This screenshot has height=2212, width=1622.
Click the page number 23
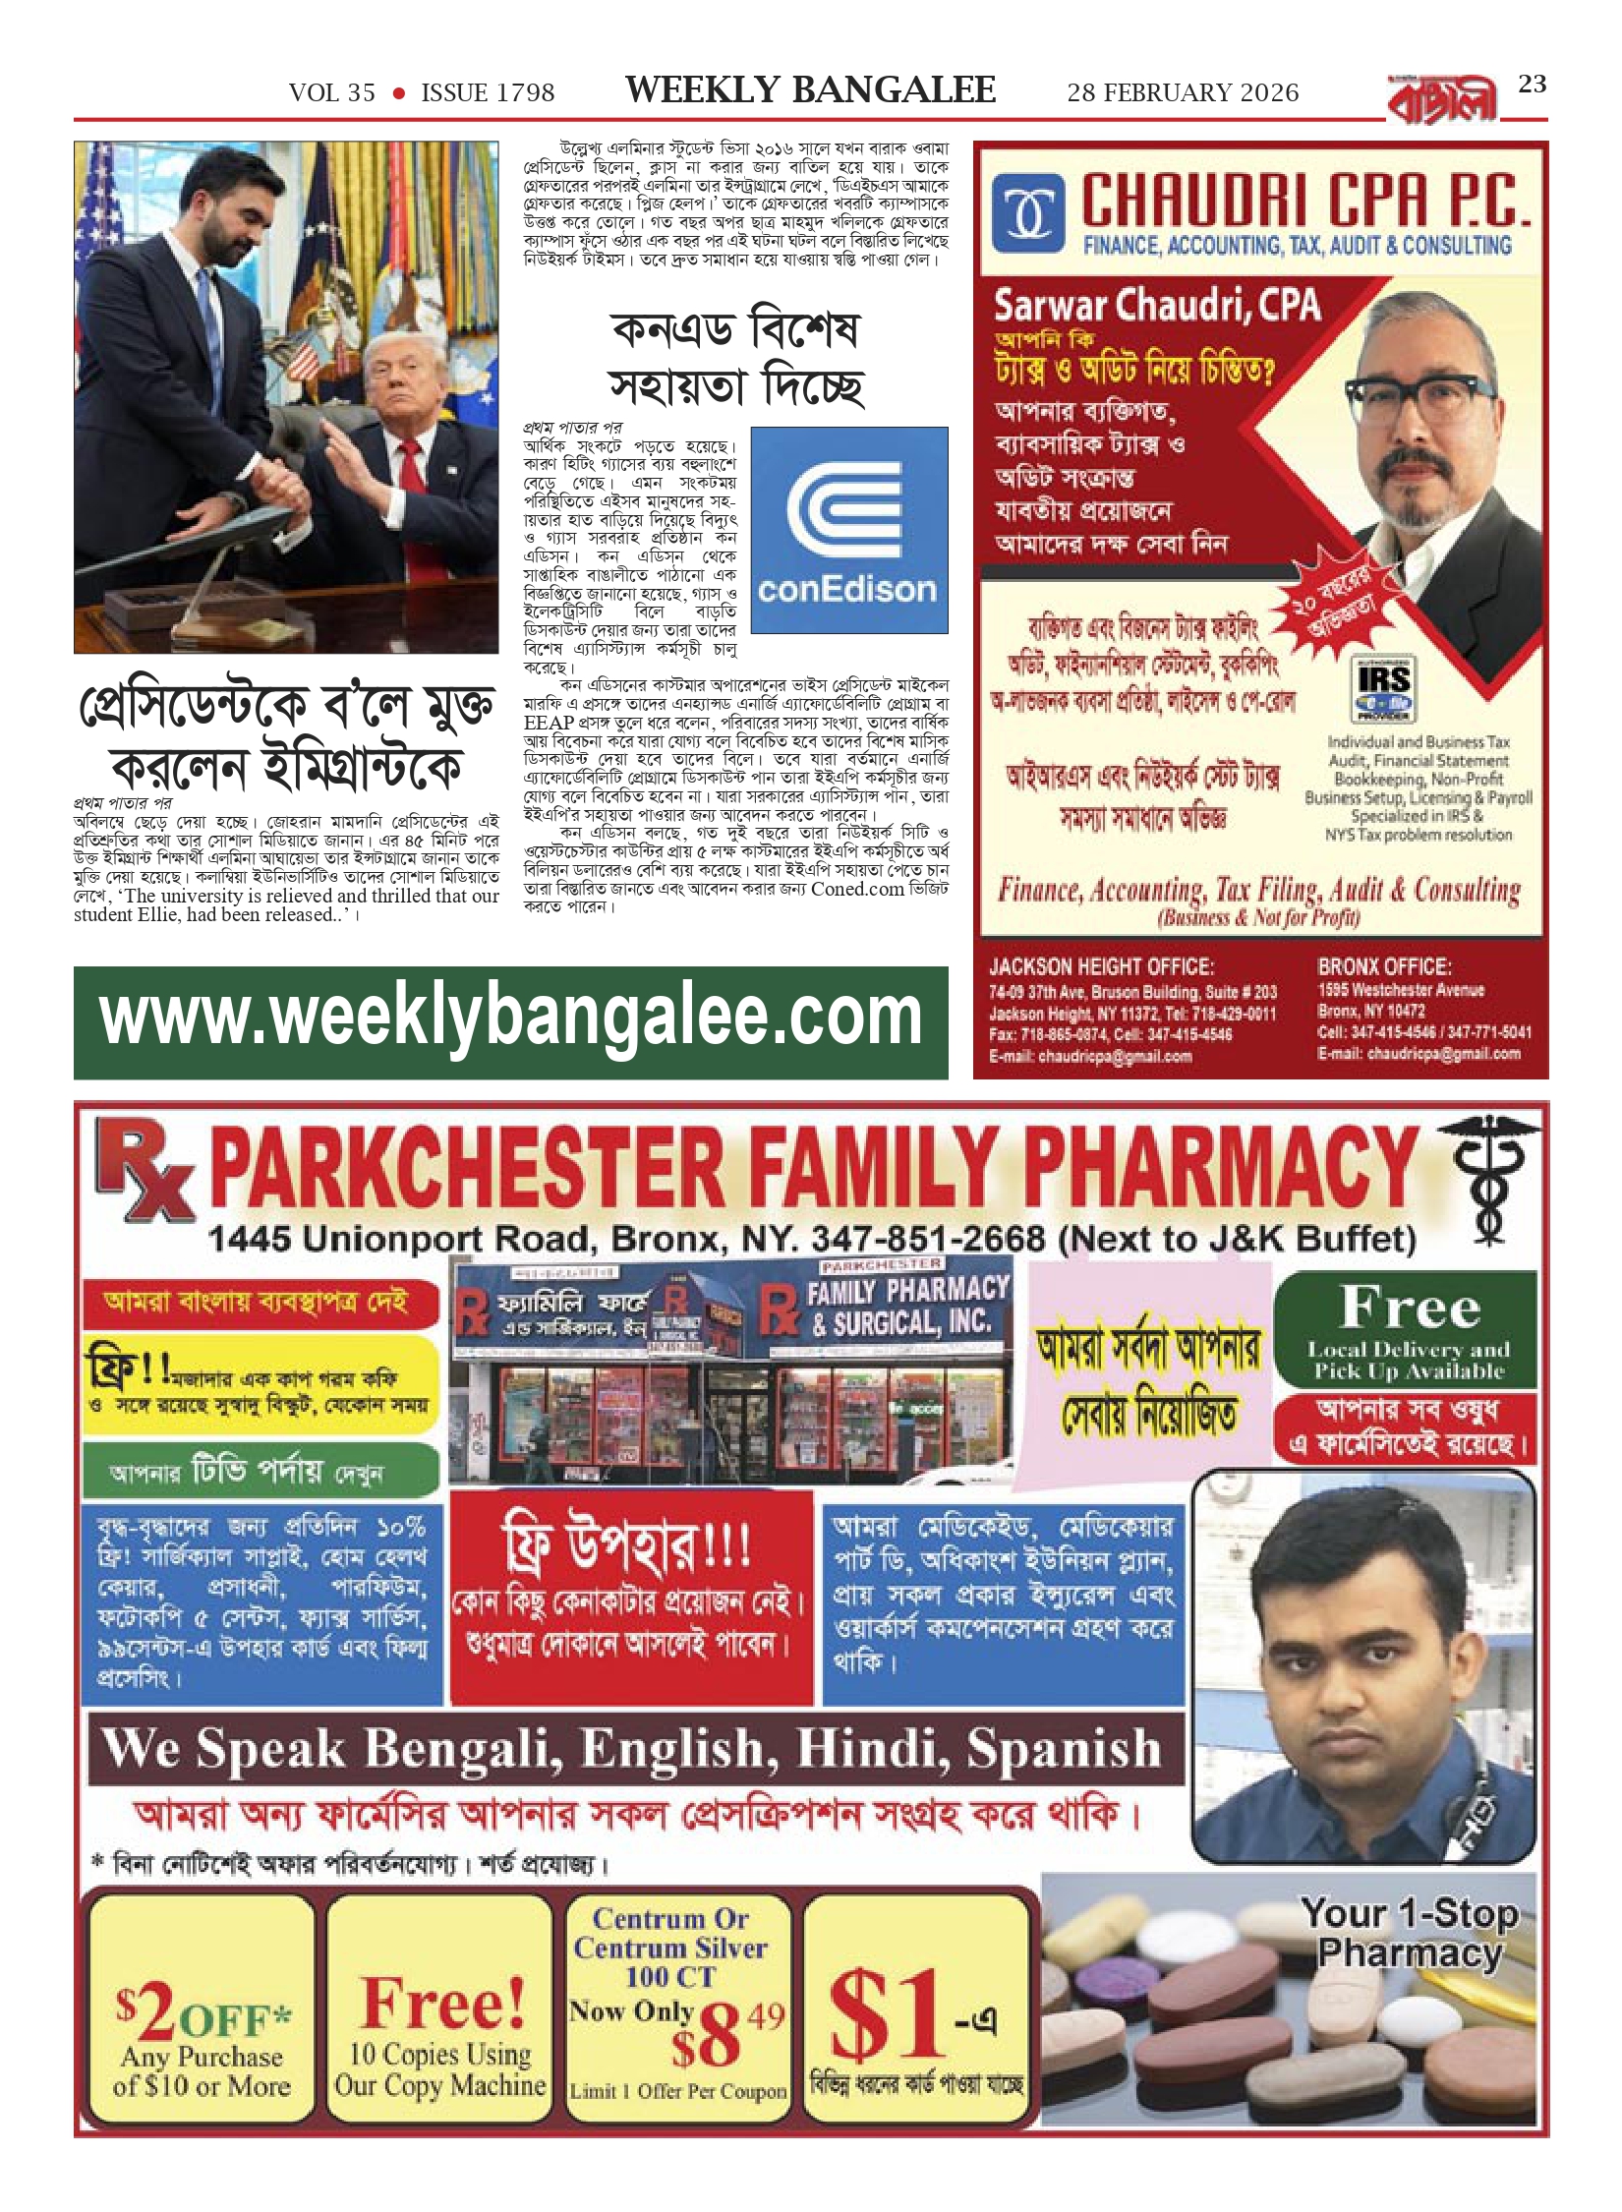tap(1532, 85)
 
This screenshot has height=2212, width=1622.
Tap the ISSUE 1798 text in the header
tap(488, 93)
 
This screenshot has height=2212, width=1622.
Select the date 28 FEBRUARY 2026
tap(1183, 93)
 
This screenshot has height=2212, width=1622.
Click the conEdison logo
tap(848, 530)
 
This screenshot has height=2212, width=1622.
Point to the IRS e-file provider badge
tap(1384, 689)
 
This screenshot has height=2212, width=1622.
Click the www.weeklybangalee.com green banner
tap(511, 1022)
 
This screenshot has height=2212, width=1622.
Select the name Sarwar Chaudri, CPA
tap(1156, 306)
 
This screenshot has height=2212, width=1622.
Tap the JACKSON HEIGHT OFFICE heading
tap(1101, 966)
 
